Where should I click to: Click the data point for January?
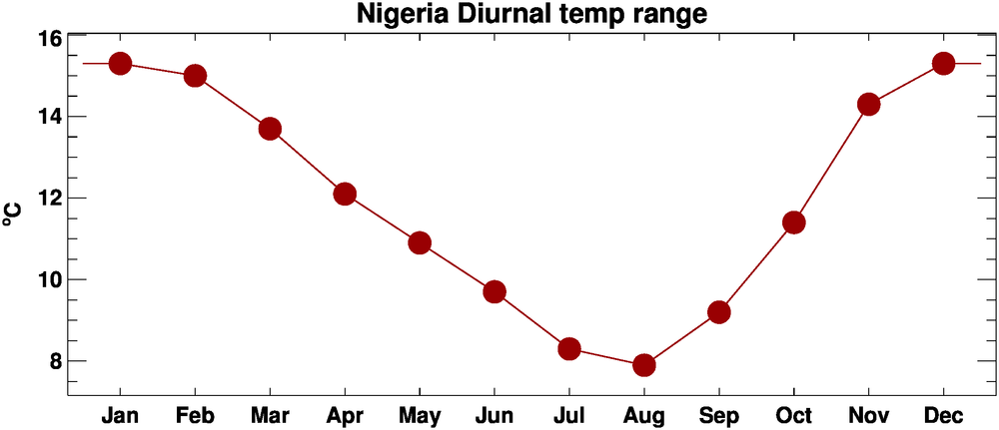coord(120,64)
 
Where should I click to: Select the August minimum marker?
coord(644,364)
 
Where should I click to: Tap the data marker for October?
coord(794,222)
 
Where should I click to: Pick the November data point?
coord(868,104)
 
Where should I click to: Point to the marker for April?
coord(345,194)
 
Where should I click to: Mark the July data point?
coord(569,348)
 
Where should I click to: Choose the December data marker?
coord(943,64)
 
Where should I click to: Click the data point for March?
coord(270,129)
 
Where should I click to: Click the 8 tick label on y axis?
coord(55,360)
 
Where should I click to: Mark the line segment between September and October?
coord(756,267)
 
